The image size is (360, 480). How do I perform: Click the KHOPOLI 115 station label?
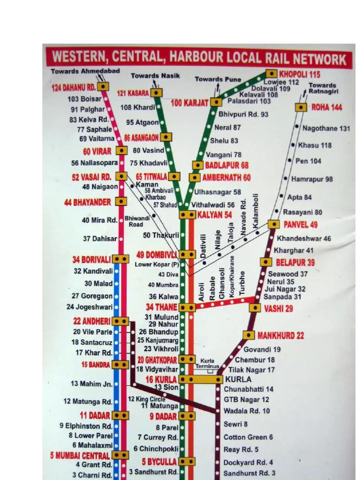[x=300, y=74]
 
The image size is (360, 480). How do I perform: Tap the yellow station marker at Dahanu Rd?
[x=103, y=87]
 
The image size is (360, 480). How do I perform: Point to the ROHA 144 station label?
[x=327, y=107]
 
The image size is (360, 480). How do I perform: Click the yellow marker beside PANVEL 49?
[x=274, y=225]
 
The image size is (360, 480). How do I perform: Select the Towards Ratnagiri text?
[x=323, y=89]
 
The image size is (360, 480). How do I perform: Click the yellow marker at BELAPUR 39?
[x=266, y=262]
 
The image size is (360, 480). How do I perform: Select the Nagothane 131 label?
[x=326, y=128]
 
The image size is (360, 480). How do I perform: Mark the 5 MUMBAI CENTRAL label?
[x=80, y=455]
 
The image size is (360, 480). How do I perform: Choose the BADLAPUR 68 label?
[x=227, y=165]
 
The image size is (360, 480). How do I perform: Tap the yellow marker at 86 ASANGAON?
[x=166, y=137]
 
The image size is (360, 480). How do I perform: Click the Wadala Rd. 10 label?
[x=247, y=411]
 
